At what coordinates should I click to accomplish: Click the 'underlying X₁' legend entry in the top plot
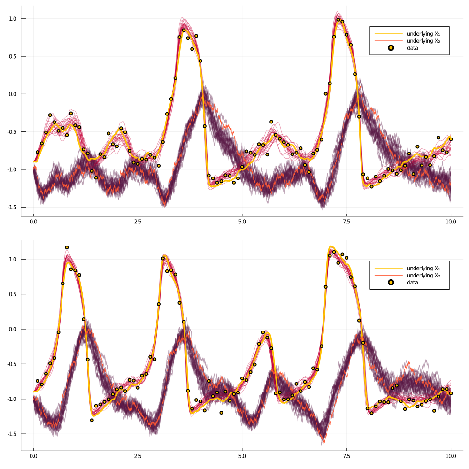point(423,34)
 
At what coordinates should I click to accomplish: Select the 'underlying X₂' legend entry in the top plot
point(423,41)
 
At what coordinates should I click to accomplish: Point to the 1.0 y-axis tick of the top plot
point(13,19)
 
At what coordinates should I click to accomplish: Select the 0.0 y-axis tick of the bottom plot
point(13,329)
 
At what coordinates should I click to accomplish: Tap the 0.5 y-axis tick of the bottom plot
point(13,294)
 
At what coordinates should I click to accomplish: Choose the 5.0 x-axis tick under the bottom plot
point(242,456)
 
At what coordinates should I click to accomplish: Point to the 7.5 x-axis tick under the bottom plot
point(346,456)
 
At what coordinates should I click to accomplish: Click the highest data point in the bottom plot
point(67,247)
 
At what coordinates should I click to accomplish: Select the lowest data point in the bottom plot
point(92,420)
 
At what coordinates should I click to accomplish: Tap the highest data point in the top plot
point(338,19)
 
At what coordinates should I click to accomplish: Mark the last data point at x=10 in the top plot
point(451,139)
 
